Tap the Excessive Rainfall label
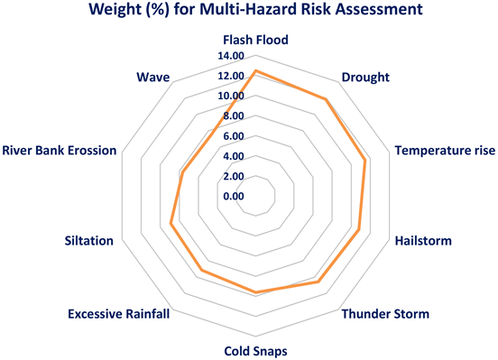[x=118, y=314]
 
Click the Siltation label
[x=88, y=241]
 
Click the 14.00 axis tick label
[x=231, y=56]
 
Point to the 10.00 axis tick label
[x=231, y=96]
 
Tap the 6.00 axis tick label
[x=233, y=136]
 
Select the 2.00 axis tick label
[x=233, y=176]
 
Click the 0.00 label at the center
[x=233, y=196]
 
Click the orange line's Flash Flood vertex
[x=255, y=71]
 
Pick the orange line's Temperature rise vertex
[x=365, y=162]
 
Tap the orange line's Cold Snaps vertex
[x=255, y=292]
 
